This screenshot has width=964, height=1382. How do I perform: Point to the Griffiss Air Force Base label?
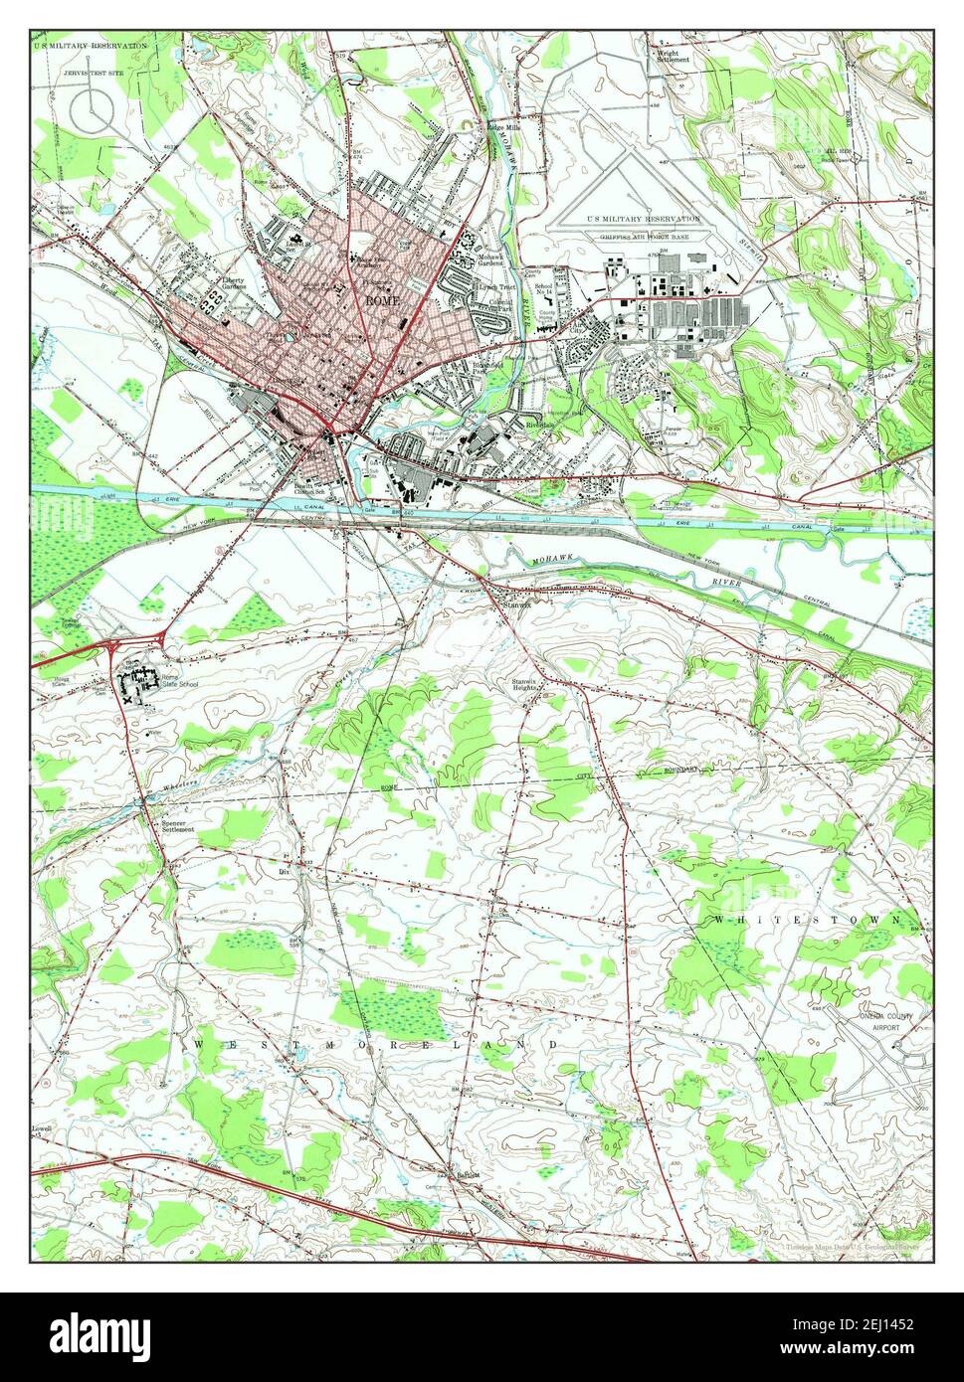click(x=643, y=237)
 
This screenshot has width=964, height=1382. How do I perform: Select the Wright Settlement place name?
click(x=674, y=56)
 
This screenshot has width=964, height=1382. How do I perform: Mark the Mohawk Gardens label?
click(x=492, y=261)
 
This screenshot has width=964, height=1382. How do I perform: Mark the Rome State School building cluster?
click(x=139, y=682)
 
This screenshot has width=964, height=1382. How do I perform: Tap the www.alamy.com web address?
click(x=865, y=1350)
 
